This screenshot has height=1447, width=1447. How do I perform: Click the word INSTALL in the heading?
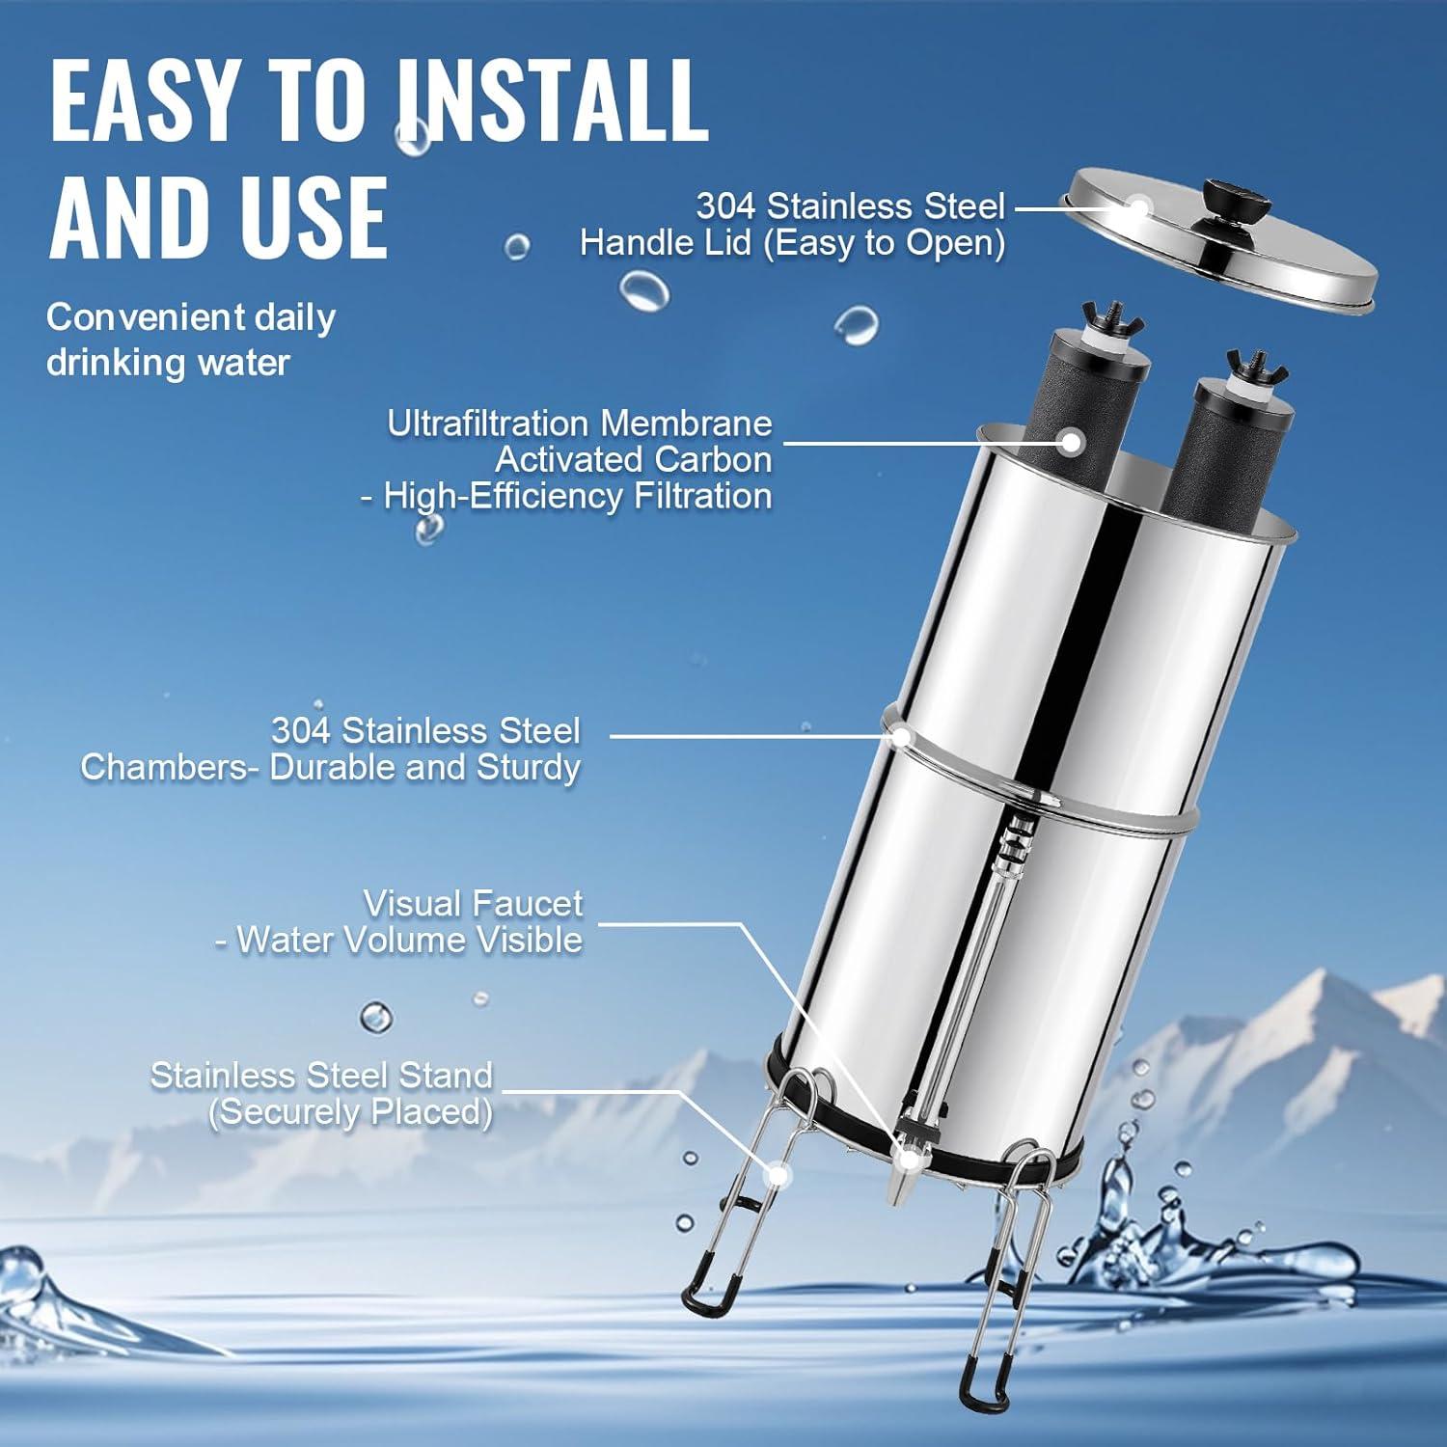(x=553, y=98)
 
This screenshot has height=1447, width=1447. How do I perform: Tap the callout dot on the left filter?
(x=1070, y=443)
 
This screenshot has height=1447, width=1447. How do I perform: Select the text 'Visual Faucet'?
(x=473, y=904)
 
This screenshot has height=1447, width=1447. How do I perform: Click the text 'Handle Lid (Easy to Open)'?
(x=792, y=242)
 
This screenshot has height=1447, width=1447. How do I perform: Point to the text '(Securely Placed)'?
(x=350, y=1111)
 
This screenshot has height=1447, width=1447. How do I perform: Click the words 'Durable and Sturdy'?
(x=424, y=767)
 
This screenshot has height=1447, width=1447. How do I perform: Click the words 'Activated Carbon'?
(x=633, y=459)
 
